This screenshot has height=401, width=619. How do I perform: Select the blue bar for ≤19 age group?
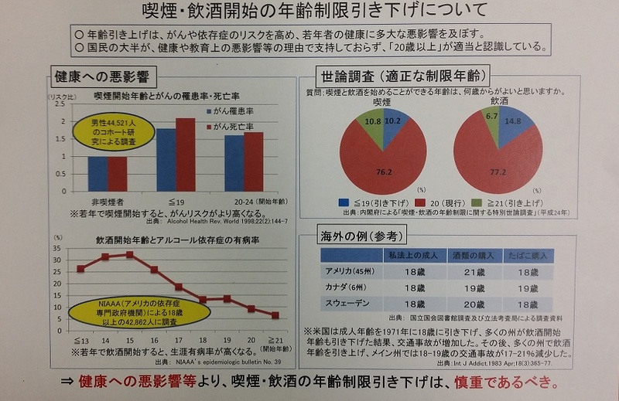tap(166, 159)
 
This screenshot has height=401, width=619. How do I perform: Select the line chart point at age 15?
tap(129, 254)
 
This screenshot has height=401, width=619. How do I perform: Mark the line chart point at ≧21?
tap(275, 315)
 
